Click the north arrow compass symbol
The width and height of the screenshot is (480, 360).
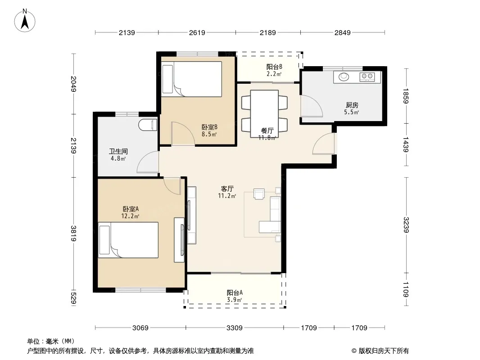coord(25,21)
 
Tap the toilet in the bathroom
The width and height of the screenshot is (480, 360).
coord(148,125)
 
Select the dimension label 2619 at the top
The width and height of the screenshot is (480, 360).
coord(197,32)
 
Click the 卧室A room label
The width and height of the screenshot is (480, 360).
coord(131,209)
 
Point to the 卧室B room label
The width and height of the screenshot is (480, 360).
coord(209,127)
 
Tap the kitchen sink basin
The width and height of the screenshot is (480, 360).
coord(344,76)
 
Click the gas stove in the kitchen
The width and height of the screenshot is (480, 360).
coord(367,77)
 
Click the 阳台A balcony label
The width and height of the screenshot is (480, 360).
coord(235,292)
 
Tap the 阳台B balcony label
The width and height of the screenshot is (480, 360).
coord(274,67)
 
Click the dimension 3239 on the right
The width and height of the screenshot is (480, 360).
coord(406,225)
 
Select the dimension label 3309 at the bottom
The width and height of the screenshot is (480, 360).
coord(235,328)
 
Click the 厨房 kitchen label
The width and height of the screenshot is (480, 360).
coord(352,105)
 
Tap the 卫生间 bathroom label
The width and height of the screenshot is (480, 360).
coord(118,151)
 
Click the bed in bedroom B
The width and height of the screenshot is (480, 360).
coord(192,79)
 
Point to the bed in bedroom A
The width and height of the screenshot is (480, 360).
coord(128,240)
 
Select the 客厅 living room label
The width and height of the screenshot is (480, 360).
coord(227,189)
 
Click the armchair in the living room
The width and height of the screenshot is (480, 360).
coord(259,194)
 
